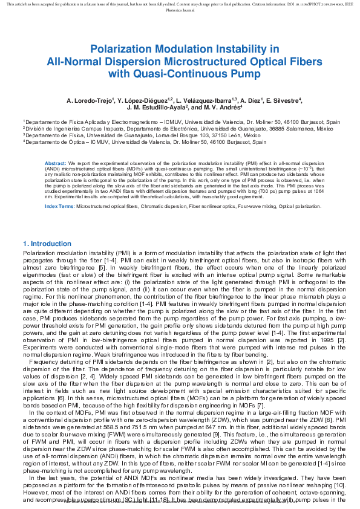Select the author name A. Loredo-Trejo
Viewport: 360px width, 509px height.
(x=91, y=100)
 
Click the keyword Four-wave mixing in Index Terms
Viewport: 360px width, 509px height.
(x=222, y=207)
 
